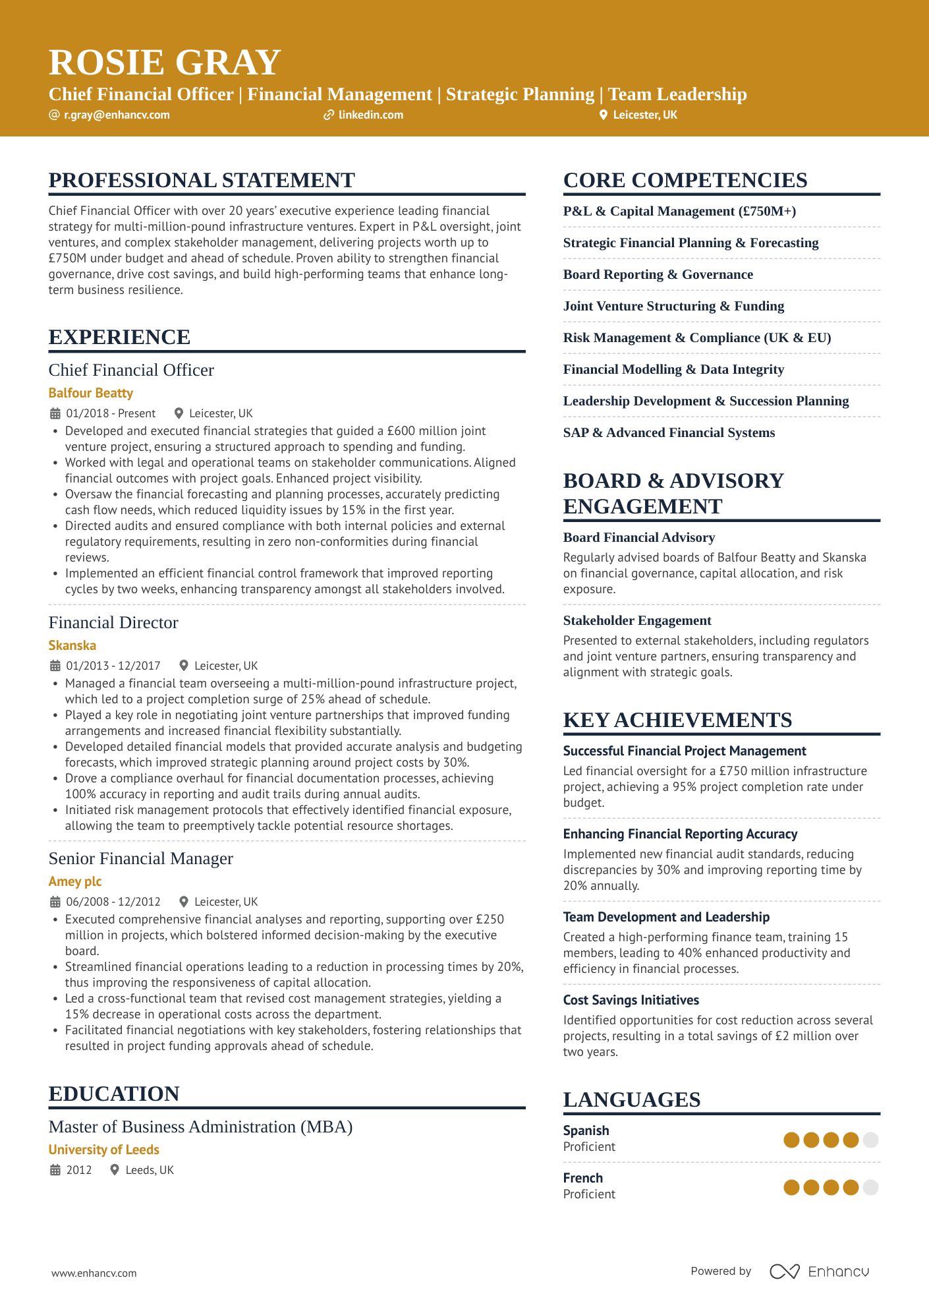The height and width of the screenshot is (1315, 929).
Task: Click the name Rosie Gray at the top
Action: click(165, 63)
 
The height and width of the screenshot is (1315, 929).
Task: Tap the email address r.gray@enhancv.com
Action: click(117, 115)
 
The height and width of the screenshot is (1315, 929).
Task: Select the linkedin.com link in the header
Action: click(370, 115)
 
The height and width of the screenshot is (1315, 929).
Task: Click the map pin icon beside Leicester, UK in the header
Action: click(603, 115)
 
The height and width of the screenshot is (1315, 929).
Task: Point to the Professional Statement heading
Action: click(202, 180)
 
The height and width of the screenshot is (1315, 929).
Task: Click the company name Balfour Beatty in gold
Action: click(91, 393)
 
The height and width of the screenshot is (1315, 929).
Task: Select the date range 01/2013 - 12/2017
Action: click(113, 666)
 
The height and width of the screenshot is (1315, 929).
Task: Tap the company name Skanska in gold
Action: click(72, 645)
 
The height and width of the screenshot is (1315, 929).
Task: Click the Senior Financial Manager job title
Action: click(141, 858)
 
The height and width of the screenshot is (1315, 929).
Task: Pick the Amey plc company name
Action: click(75, 881)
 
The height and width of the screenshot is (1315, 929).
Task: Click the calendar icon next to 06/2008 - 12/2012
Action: click(55, 902)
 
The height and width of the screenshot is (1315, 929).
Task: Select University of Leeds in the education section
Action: click(104, 1150)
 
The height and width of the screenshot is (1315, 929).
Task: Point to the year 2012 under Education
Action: click(79, 1170)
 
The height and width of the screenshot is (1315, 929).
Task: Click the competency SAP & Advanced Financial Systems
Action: click(669, 432)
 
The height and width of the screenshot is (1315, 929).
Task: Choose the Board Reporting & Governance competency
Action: click(658, 274)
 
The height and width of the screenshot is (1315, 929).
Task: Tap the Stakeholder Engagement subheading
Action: click(637, 620)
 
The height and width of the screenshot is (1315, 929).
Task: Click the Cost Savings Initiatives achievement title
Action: click(631, 1000)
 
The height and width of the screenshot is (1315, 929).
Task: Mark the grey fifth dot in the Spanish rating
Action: click(870, 1140)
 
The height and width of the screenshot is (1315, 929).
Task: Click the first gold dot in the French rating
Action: click(791, 1187)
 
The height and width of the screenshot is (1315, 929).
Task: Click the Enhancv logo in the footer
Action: click(820, 1271)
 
